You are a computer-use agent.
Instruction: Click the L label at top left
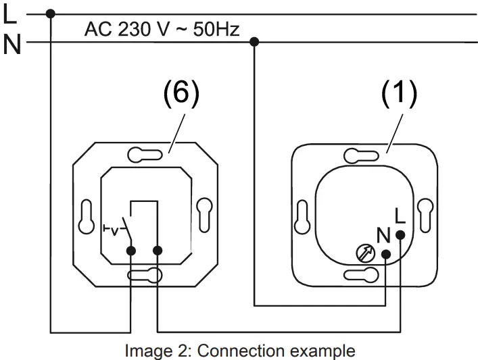click(10, 13)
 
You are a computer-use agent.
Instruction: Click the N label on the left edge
click(11, 44)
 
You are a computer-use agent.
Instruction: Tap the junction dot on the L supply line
click(51, 14)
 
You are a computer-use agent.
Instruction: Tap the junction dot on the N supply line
click(254, 43)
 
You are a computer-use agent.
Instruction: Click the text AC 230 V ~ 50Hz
click(162, 29)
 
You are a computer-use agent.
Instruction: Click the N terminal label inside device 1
click(383, 236)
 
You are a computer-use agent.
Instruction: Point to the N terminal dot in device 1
click(386, 255)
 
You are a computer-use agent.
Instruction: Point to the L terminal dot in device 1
click(400, 235)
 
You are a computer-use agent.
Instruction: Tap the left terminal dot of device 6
click(130, 251)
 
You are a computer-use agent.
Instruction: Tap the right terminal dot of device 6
click(158, 251)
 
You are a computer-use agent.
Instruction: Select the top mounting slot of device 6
click(144, 155)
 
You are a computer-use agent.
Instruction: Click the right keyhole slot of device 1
click(425, 215)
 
